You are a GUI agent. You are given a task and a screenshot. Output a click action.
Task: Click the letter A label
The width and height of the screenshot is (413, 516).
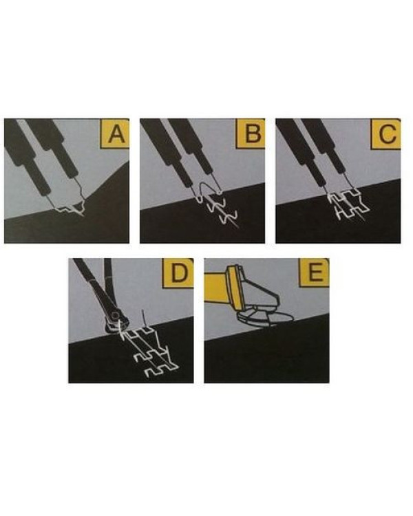click(115, 133)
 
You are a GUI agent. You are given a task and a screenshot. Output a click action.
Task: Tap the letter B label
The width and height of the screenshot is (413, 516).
click(251, 133)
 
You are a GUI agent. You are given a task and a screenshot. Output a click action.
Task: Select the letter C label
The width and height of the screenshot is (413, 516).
click(386, 133)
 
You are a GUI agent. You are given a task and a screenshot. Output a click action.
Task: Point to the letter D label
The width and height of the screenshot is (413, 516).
click(180, 273)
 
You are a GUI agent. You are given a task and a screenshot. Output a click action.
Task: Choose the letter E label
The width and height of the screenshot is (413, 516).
click(315, 273)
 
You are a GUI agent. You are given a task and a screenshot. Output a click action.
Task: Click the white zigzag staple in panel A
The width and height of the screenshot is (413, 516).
click(71, 209)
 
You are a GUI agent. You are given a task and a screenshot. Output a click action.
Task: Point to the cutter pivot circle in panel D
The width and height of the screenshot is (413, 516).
click(115, 316)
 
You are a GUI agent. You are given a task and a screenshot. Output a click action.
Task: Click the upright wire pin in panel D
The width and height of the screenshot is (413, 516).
click(143, 319)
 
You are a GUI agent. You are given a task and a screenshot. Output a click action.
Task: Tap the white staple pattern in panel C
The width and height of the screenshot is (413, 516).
click(349, 205)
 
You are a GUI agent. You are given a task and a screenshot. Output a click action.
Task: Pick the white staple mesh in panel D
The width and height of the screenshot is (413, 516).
click(148, 352)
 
